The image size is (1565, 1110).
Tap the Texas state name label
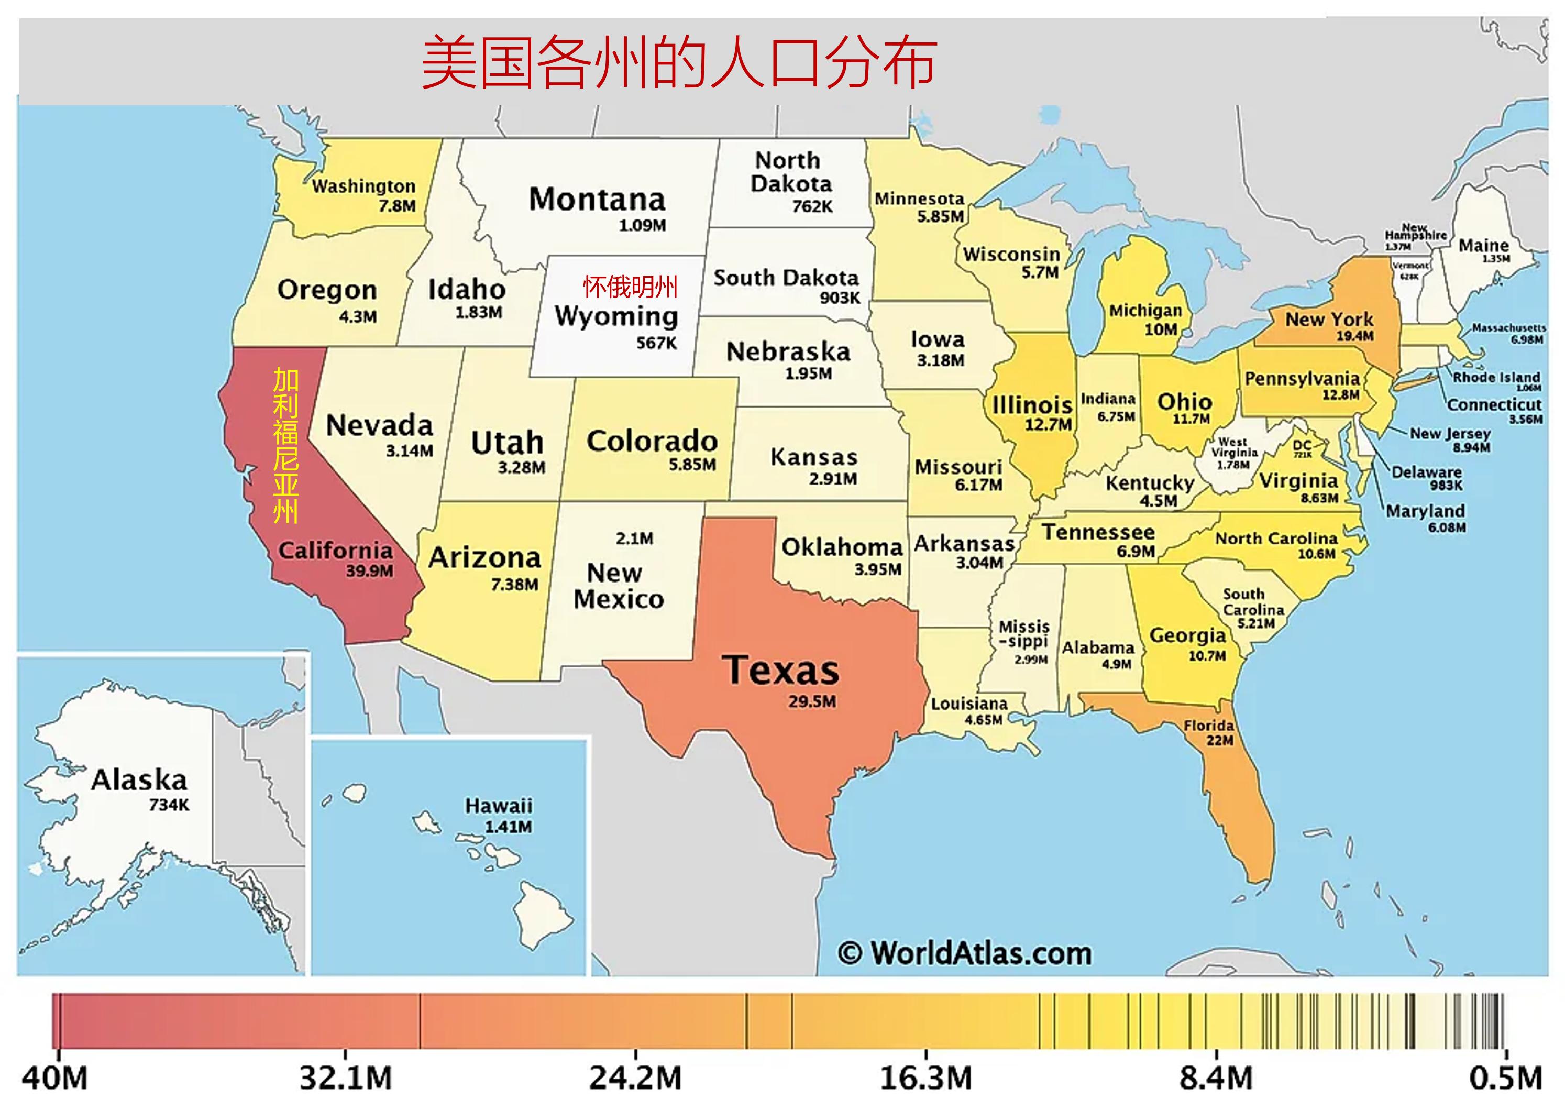[x=780, y=670]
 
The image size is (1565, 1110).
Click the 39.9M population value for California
[x=369, y=571]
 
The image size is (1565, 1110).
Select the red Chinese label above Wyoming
[x=630, y=287]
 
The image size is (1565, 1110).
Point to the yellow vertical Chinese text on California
[x=285, y=446]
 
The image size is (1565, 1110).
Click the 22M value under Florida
[x=1219, y=740]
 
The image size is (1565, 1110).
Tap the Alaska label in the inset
[x=139, y=780]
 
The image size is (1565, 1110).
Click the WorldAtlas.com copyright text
[x=964, y=953]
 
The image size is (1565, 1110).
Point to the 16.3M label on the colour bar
[x=925, y=1079]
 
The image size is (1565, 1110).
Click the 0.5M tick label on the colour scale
[x=1505, y=1079]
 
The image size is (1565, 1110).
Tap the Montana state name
[x=597, y=200]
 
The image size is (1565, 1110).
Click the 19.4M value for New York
[x=1354, y=336]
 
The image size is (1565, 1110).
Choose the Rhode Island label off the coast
[x=1496, y=377]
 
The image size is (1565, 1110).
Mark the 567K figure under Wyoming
[x=656, y=343]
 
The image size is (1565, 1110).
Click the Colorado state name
[x=652, y=441]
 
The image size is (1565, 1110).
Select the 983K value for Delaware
[x=1446, y=485]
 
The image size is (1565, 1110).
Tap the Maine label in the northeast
[x=1484, y=245]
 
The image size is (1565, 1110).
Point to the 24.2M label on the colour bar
[x=635, y=1079]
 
